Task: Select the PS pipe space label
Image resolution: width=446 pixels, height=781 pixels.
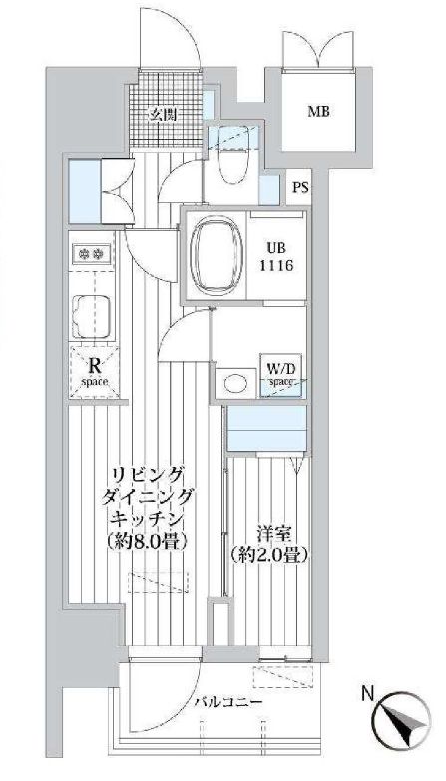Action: (299, 187)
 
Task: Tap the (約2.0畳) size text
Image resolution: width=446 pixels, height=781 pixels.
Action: (265, 555)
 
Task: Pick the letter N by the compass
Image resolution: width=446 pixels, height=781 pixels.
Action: (368, 690)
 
